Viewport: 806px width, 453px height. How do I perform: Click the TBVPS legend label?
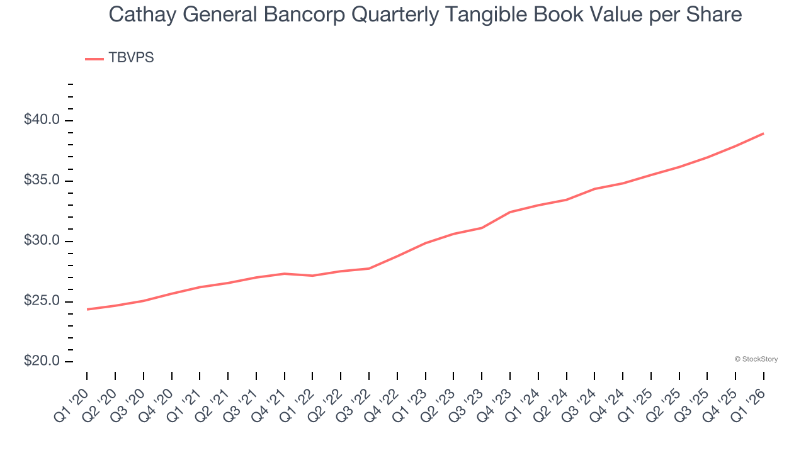[x=131, y=58]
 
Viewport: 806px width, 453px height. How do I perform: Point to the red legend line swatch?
[x=94, y=59]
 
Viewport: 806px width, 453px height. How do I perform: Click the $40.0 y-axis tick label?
[x=42, y=120]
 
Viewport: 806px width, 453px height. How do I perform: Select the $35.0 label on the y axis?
[x=42, y=181]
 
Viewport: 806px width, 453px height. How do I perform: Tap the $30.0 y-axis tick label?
[x=42, y=241]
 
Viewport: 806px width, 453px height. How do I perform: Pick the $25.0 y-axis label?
[x=42, y=301]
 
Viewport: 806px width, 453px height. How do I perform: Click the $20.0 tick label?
[x=42, y=362]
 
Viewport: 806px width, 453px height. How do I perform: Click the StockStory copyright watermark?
[x=756, y=359]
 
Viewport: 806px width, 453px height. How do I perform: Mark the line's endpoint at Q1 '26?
[x=763, y=133]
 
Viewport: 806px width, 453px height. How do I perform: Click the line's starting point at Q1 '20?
[x=88, y=309]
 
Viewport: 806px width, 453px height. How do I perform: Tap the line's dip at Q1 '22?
[x=313, y=276]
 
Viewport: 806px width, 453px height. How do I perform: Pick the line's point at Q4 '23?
[x=510, y=212]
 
